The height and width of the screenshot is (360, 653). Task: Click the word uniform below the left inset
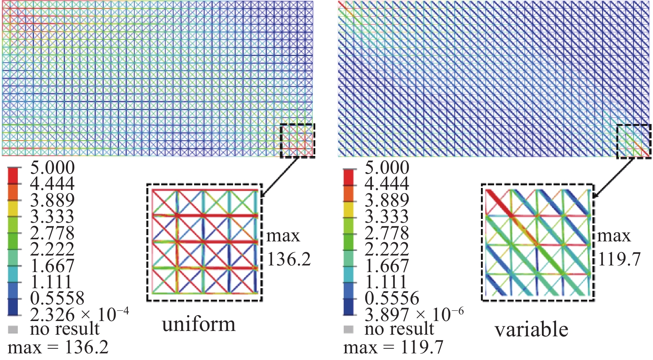pyautogui.click(x=199, y=324)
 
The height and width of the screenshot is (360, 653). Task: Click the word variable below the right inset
pyautogui.click(x=531, y=330)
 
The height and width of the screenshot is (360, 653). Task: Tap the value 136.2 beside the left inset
pyautogui.click(x=289, y=259)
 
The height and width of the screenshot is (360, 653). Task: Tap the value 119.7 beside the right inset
pyautogui.click(x=619, y=259)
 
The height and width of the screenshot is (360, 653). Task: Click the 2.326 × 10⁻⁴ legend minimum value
pyautogui.click(x=79, y=314)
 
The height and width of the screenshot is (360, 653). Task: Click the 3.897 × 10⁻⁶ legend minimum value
pyautogui.click(x=414, y=314)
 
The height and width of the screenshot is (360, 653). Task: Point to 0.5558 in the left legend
pyautogui.click(x=57, y=298)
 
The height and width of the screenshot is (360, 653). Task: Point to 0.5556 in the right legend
pyautogui.click(x=392, y=298)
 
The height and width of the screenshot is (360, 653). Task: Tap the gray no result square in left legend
pyautogui.click(x=13, y=330)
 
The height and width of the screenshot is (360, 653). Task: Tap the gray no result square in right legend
pyautogui.click(x=349, y=330)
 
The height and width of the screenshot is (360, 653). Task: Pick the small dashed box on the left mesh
pyautogui.click(x=297, y=141)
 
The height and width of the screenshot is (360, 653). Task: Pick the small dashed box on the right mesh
pyautogui.click(x=634, y=141)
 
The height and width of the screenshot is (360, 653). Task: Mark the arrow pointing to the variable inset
pyautogui.click(x=614, y=177)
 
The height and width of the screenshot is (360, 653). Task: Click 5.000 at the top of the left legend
pyautogui.click(x=52, y=168)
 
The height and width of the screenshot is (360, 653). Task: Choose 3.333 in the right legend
pyautogui.click(x=386, y=216)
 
